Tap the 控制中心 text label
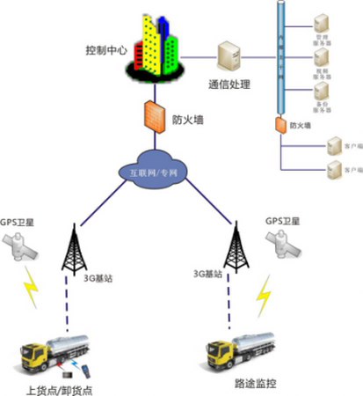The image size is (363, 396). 99,51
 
